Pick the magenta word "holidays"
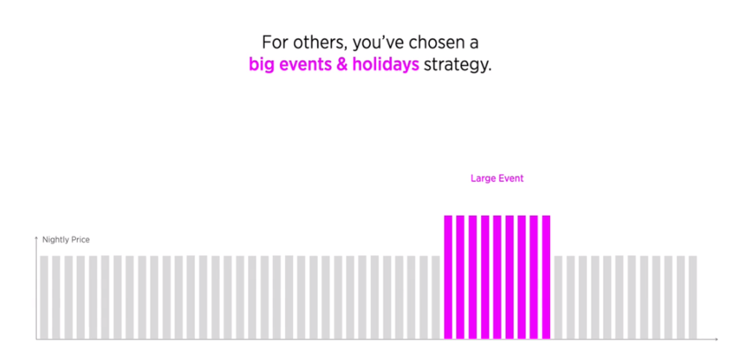point(386,65)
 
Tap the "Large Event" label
point(497,179)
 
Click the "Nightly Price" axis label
point(66,240)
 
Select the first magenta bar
point(448,277)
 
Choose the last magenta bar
point(546,277)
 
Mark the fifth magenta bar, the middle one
point(497,277)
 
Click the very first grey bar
point(44,297)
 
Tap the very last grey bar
point(693,297)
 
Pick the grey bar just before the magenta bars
point(437,297)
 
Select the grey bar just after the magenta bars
point(558,297)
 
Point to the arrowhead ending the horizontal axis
point(716,339)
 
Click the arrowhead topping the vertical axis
point(36,237)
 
